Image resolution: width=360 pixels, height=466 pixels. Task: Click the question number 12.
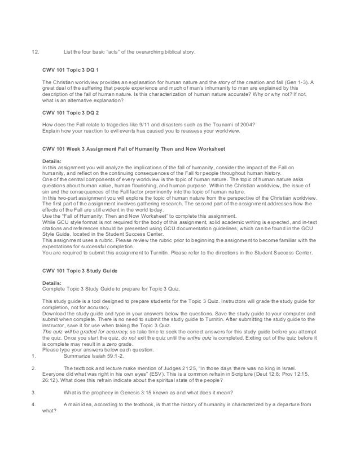(x=34, y=52)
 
